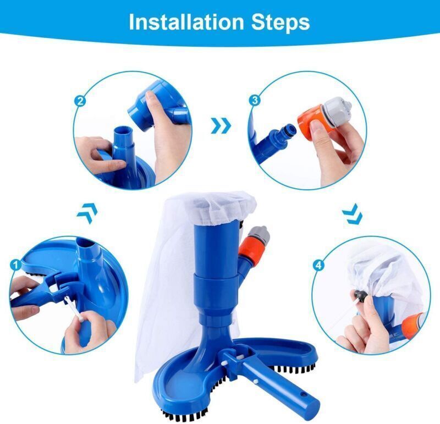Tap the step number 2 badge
(x=80, y=101)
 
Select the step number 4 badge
(x=318, y=265)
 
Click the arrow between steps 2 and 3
(x=221, y=126)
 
